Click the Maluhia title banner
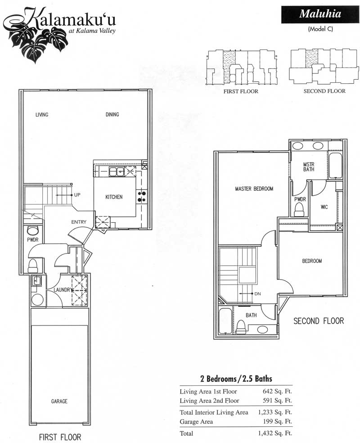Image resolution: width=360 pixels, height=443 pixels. click(320, 14)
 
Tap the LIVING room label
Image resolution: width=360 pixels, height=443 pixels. click(42, 114)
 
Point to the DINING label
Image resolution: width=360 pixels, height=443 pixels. click(112, 114)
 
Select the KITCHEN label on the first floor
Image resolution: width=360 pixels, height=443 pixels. click(114, 197)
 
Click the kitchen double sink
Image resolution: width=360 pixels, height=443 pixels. click(117, 172)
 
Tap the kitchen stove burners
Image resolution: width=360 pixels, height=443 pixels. click(142, 197)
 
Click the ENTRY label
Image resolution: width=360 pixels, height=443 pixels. click(79, 222)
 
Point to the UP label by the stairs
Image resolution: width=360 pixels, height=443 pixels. click(77, 194)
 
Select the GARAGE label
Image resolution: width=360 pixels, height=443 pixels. click(59, 401)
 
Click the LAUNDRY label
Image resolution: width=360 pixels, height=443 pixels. click(62, 290)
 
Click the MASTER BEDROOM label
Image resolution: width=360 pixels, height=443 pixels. click(254, 189)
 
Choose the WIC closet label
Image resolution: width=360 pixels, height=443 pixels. click(324, 207)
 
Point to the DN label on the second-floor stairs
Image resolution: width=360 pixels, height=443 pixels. click(257, 294)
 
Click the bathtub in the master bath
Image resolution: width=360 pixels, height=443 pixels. click(335, 166)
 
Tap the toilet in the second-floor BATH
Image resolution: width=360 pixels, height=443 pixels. click(242, 326)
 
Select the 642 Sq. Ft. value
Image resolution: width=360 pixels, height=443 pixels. click(277, 391)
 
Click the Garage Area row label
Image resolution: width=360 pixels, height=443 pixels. click(196, 421)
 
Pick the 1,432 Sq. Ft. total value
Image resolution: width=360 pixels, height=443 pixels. click(275, 433)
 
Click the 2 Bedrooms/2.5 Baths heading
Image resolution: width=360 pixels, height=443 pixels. click(236, 379)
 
